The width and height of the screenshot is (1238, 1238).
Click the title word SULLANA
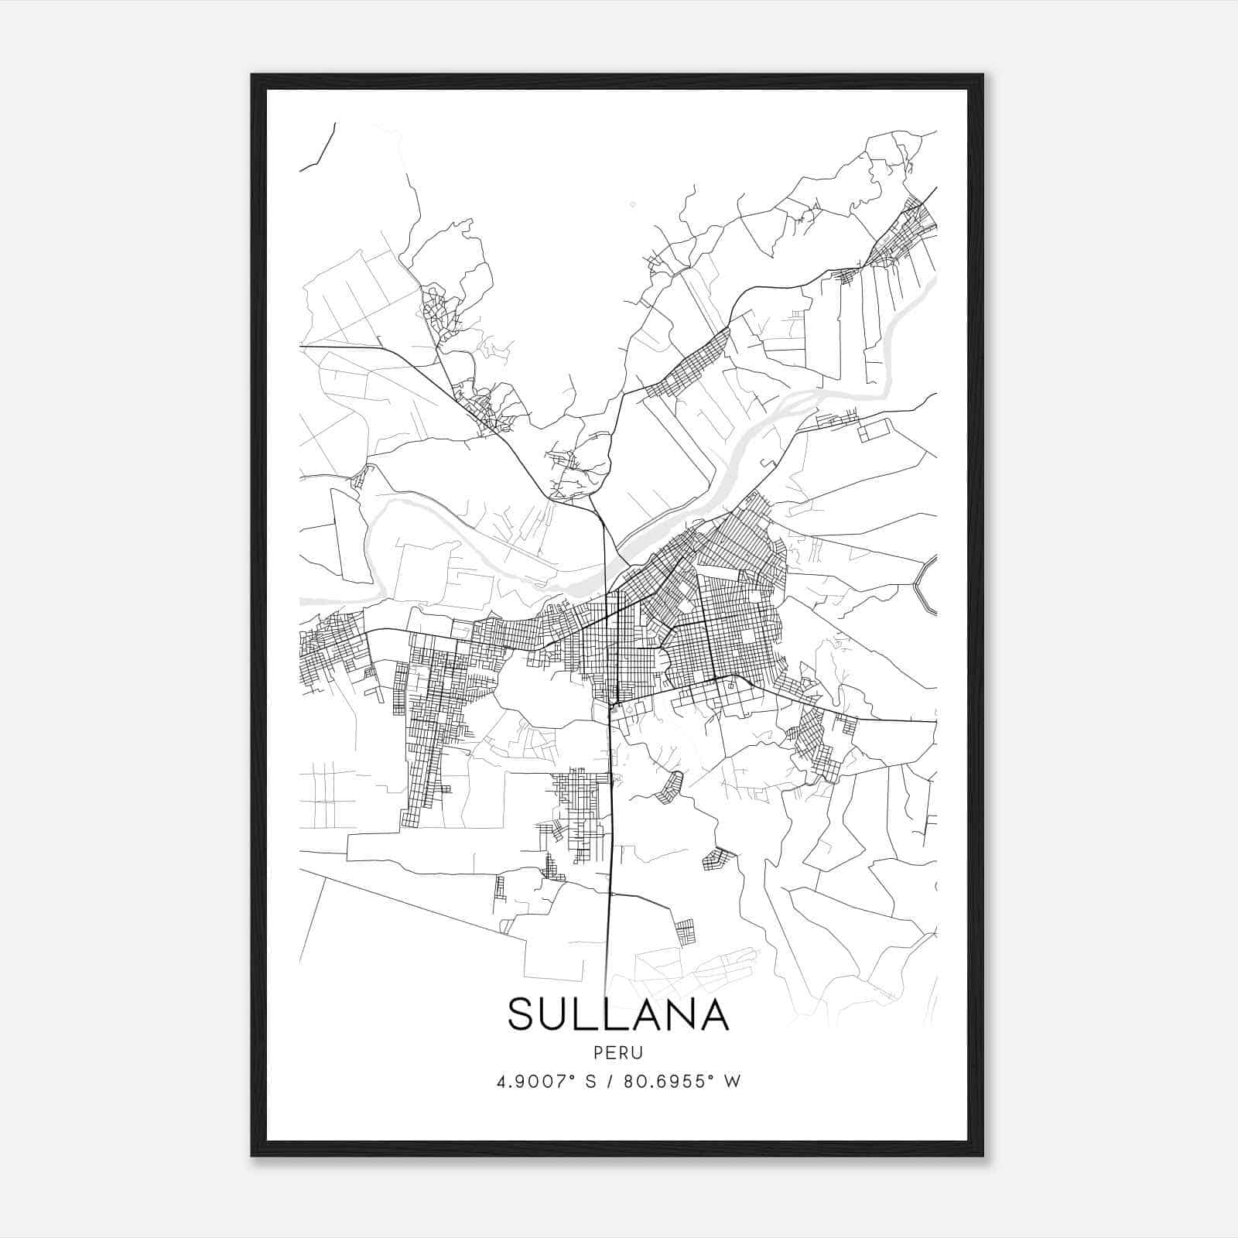(618, 1014)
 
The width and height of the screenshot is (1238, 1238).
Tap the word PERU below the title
(618, 1053)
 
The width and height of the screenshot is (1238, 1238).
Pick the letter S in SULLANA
(523, 1014)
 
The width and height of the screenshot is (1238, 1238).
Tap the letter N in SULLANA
(674, 1014)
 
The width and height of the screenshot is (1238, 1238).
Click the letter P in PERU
(599, 1053)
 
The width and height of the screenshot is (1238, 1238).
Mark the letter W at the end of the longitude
(732, 1082)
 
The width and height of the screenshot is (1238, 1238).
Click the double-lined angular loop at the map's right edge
(925, 585)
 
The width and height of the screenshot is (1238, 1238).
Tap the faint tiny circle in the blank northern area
(632, 204)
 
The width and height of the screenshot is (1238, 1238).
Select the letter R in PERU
(624, 1053)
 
